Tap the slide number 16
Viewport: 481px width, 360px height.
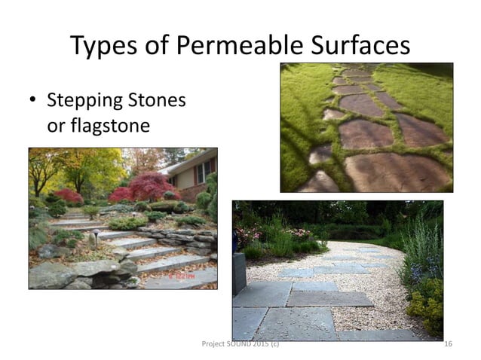(x=448, y=344)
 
